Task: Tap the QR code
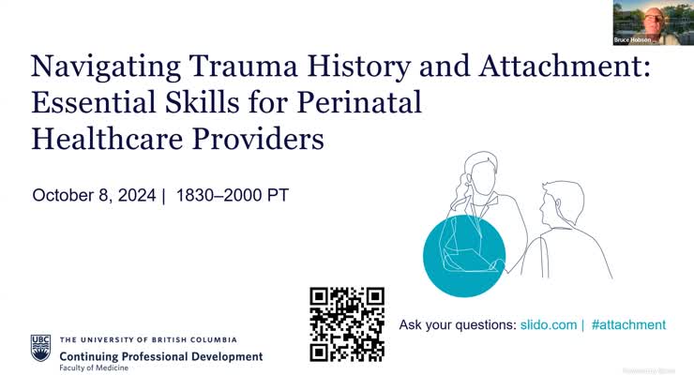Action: (347, 324)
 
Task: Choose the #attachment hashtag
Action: (629, 324)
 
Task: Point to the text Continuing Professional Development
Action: (160, 356)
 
